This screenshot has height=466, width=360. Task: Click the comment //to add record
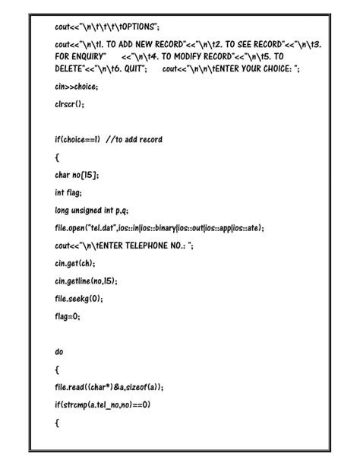tap(134, 139)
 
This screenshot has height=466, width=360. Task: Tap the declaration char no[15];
tap(77, 174)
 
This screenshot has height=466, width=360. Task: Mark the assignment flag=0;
tap(68, 315)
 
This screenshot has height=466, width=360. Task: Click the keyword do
tap(59, 351)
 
